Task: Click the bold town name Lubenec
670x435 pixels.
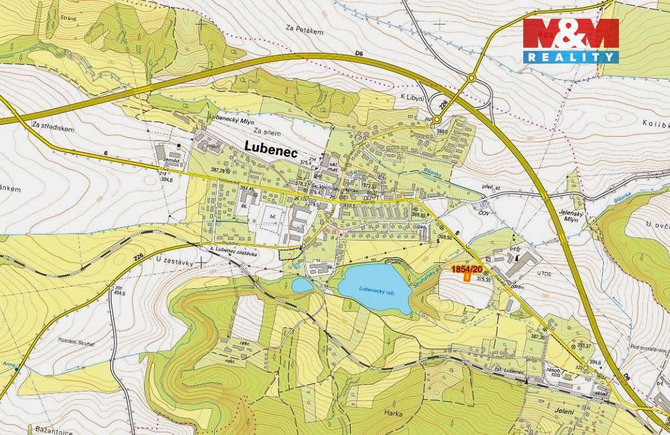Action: coord(271,146)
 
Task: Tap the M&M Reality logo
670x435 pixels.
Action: coord(571,40)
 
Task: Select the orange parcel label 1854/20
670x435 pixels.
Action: coord(467,269)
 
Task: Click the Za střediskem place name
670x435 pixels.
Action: coord(53,128)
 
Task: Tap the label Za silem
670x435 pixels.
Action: coord(266,132)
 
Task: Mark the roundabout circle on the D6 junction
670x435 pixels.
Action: coord(470,78)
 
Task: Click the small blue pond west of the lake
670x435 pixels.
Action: coord(302,285)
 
